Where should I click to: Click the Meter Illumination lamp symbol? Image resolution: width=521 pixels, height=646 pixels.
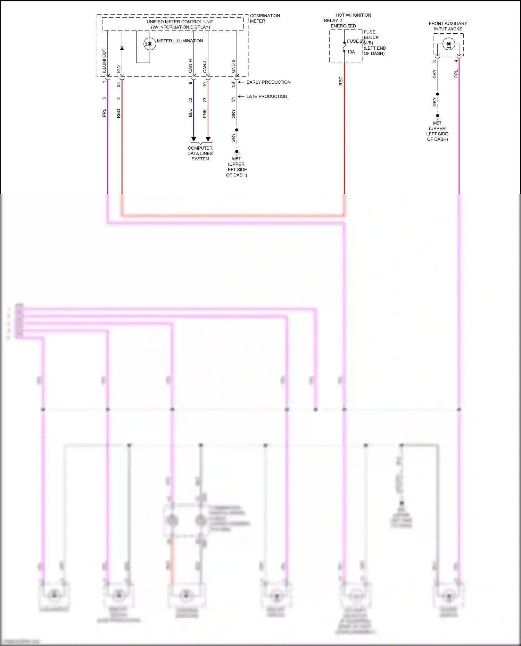pos(150,44)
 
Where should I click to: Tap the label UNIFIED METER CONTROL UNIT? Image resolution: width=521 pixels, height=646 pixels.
pos(180,22)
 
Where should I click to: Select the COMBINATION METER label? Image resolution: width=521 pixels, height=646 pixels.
pos(265,18)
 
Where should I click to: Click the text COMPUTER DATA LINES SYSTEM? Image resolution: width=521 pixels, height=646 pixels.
pos(200,153)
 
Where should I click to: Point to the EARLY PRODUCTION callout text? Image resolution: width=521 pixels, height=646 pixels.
pos(268,82)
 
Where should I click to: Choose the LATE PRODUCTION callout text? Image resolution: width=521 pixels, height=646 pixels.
pos(267,97)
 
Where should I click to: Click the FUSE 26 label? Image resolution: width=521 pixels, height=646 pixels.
pos(356,41)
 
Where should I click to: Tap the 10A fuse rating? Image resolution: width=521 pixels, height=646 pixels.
pos(351,52)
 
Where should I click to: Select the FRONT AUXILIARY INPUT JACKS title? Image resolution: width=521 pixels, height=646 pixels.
pos(448,26)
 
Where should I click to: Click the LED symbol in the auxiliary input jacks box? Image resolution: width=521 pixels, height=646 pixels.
pos(448,44)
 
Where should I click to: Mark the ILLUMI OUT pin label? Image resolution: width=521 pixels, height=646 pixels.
pos(104,61)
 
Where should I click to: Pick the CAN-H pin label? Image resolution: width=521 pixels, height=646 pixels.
pos(190,66)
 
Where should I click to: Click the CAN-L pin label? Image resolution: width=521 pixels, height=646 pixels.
pos(205,66)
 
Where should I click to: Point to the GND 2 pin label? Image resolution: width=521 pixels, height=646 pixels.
pos(233,66)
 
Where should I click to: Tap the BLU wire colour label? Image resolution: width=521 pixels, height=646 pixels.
pos(190,113)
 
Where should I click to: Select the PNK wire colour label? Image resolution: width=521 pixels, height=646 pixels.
pos(205,114)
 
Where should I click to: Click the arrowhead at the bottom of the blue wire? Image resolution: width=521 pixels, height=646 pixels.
pos(194,139)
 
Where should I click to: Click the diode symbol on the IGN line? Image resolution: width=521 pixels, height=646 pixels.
pos(122,48)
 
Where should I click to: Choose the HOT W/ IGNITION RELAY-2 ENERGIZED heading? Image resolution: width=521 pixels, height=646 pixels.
pos(347,20)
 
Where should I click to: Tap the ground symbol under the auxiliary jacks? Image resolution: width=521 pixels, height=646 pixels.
pos(438,116)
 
